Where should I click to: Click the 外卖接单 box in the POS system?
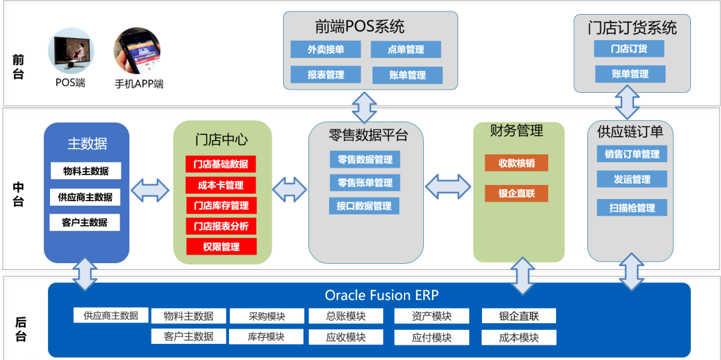pyautogui.click(x=325, y=49)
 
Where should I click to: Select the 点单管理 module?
pyautogui.click(x=406, y=49)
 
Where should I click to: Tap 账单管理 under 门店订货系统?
pyautogui.click(x=630, y=74)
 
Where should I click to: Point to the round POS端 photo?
pyautogui.click(x=71, y=51)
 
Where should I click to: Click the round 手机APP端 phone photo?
pyautogui.click(x=138, y=51)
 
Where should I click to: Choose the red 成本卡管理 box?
pyautogui.click(x=220, y=185)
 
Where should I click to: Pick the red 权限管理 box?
pyautogui.click(x=220, y=246)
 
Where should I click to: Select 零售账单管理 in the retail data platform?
pyautogui.click(x=365, y=182)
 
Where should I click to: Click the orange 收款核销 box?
pyautogui.click(x=516, y=163)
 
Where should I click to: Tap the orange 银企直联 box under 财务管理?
pyautogui.click(x=516, y=194)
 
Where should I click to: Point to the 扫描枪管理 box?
pyautogui.click(x=632, y=208)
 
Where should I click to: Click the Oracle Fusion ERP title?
pyautogui.click(x=382, y=295)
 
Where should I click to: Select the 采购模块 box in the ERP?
pyautogui.click(x=266, y=317)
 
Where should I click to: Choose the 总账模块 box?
pyautogui.click(x=346, y=317)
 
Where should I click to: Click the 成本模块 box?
pyautogui.click(x=518, y=337)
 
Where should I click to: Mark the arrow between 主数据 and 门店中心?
pyautogui.click(x=150, y=190)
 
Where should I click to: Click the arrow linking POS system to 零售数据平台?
pyautogui.click(x=365, y=107)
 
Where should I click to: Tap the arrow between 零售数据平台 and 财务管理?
pyautogui.click(x=448, y=186)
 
